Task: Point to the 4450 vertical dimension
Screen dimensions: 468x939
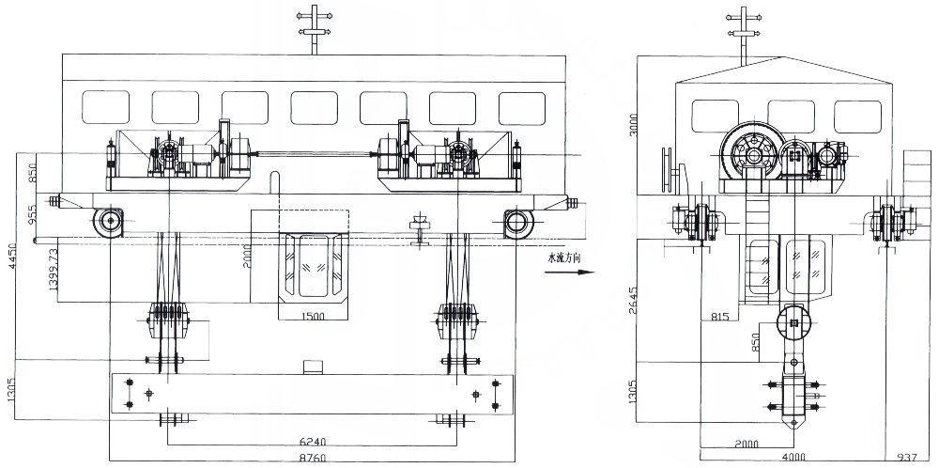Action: click(12, 255)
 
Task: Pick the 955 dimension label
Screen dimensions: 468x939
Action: click(33, 215)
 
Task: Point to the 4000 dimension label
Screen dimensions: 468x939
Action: click(793, 459)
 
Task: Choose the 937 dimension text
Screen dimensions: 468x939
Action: click(906, 459)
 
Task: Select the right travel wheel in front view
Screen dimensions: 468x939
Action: click(516, 222)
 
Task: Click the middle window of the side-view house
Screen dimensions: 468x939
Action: click(789, 116)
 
